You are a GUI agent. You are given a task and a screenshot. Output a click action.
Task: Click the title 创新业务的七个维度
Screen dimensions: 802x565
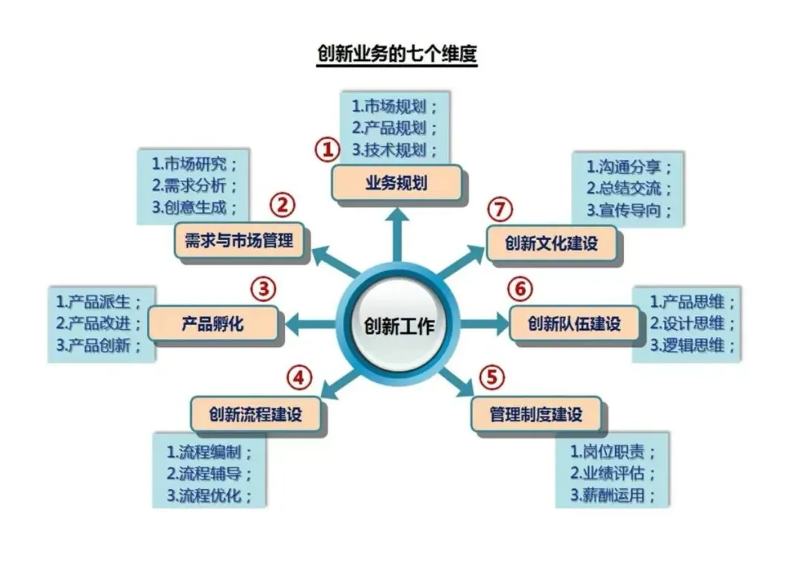click(x=396, y=55)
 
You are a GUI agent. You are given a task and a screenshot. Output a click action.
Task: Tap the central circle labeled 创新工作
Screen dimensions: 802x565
click(x=399, y=326)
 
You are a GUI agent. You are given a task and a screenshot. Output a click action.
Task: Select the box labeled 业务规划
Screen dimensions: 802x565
click(x=396, y=183)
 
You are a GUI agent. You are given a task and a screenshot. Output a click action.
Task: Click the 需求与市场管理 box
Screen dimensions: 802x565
click(x=239, y=240)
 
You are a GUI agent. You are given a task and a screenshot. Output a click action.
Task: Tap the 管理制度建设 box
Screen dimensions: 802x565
click(x=535, y=413)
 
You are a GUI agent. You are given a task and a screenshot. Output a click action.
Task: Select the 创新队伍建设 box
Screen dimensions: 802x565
click(x=574, y=324)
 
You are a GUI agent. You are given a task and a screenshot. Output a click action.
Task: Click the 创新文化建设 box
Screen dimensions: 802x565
click(x=551, y=243)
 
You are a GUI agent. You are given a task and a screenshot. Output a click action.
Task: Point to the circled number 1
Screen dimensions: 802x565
click(x=327, y=150)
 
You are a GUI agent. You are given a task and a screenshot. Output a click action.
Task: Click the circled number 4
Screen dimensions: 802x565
click(x=299, y=378)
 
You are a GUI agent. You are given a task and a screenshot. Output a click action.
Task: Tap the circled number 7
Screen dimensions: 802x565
click(x=501, y=210)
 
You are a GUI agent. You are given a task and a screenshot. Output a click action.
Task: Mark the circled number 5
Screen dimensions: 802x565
click(x=491, y=378)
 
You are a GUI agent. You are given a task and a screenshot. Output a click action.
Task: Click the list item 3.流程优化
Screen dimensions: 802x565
click(x=209, y=494)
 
